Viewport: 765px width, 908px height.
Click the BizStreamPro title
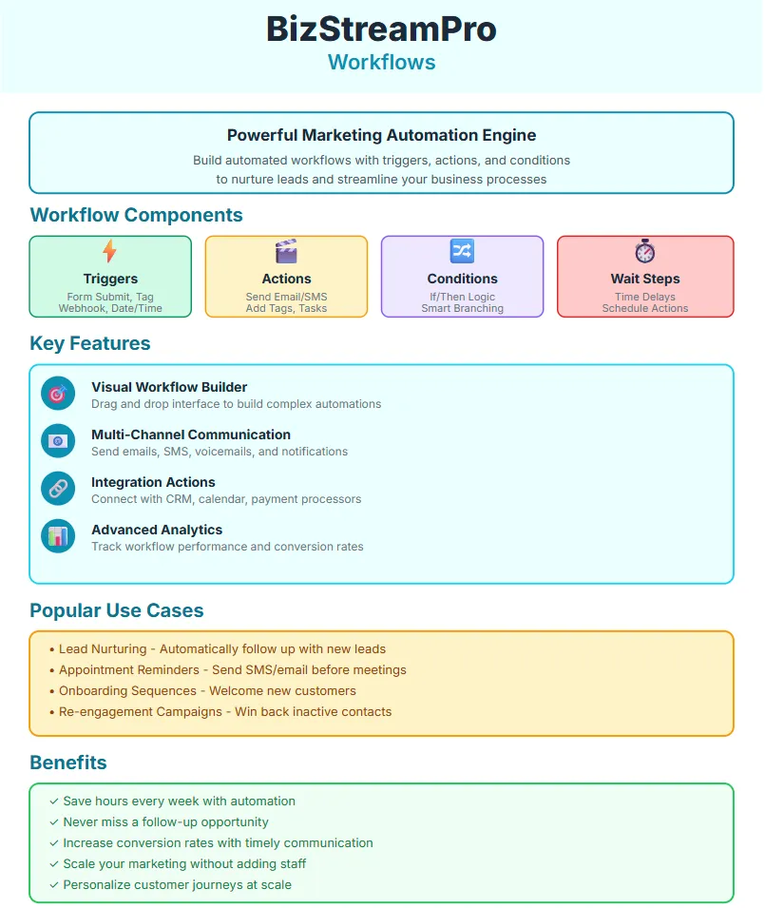(x=381, y=29)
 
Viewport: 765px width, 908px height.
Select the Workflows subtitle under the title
(x=381, y=63)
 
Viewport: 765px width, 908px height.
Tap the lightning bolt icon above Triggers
(x=110, y=251)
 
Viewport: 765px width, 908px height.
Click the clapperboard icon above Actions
(x=286, y=251)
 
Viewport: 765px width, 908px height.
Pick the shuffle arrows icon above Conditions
(x=462, y=251)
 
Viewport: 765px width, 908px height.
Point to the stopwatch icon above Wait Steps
(x=645, y=251)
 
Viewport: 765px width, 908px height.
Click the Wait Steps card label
(x=645, y=279)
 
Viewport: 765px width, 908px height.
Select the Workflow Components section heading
(x=136, y=215)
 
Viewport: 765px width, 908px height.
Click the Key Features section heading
(x=90, y=343)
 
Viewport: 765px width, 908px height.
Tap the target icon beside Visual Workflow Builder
(x=58, y=394)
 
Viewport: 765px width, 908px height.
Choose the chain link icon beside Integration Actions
(x=58, y=489)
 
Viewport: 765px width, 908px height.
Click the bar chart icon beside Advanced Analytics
(x=58, y=536)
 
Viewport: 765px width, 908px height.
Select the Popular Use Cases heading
(x=117, y=610)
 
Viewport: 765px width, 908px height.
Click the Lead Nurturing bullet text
(x=222, y=648)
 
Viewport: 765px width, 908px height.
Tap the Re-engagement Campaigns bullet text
(x=225, y=711)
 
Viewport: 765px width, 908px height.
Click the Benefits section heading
(x=68, y=763)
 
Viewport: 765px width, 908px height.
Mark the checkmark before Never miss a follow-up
(x=54, y=822)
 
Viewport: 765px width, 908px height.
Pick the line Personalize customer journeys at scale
(x=177, y=884)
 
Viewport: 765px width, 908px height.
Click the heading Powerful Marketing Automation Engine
(x=381, y=135)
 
